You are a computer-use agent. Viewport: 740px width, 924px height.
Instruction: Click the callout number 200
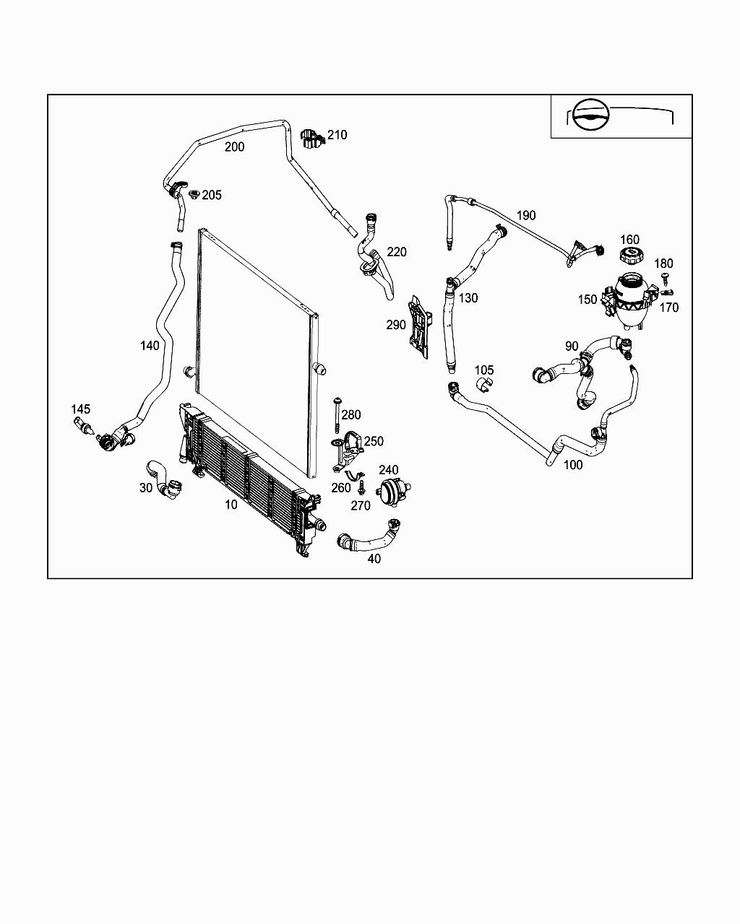pos(234,147)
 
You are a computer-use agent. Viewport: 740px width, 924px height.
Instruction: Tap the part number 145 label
pos(80,409)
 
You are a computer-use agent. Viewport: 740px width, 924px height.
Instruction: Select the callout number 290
pos(396,325)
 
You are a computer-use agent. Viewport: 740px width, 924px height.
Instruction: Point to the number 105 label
pos(483,370)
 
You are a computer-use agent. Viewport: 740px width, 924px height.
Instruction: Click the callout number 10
pos(231,505)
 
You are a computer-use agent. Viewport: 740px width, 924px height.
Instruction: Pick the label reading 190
pos(526,215)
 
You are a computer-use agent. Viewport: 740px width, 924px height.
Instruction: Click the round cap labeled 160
pos(630,256)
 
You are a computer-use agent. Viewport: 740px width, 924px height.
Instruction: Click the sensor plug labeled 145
pos(85,427)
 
